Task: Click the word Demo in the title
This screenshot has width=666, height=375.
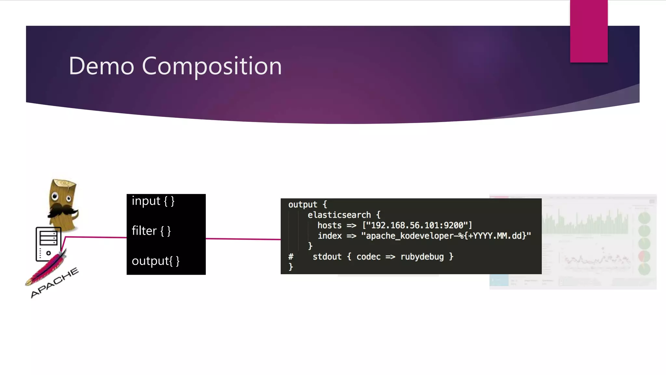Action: [101, 66]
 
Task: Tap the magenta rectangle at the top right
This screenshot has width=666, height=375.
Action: [589, 31]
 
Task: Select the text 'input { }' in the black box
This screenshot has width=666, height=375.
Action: [153, 201]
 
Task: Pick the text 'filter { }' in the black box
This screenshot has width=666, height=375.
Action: [151, 231]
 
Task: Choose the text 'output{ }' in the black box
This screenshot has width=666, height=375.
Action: [155, 261]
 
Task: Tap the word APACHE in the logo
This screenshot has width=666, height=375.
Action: [55, 282]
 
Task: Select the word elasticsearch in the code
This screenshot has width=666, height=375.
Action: [339, 215]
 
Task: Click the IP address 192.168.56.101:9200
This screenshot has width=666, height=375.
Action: [417, 225]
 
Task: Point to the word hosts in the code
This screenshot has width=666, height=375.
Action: [329, 225]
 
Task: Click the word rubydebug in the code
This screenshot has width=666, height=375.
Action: [422, 257]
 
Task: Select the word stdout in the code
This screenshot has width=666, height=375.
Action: [327, 257]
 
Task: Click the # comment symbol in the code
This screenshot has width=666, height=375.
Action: [291, 257]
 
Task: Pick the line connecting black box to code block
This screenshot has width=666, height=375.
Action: [243, 239]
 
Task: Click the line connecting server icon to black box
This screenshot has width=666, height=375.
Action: [96, 237]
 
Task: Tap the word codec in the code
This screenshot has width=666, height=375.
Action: [368, 257]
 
